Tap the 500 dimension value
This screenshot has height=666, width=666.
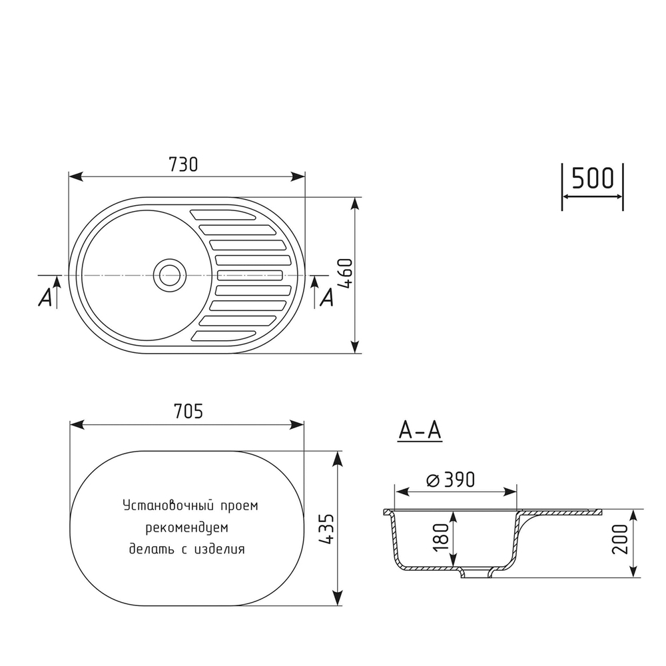pyautogui.click(x=592, y=178)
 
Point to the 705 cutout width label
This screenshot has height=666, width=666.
pyautogui.click(x=187, y=412)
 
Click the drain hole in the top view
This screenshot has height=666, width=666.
pyautogui.click(x=168, y=274)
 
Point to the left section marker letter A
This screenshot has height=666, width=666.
pyautogui.click(x=45, y=298)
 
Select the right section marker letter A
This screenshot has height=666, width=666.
pyautogui.click(x=326, y=298)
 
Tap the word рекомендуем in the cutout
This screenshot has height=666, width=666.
pyautogui.click(x=187, y=527)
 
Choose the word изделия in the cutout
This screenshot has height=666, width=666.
pyautogui.click(x=220, y=549)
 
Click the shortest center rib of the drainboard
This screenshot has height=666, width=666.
pyautogui.click(x=250, y=274)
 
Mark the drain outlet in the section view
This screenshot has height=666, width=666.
pyautogui.click(x=476, y=573)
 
